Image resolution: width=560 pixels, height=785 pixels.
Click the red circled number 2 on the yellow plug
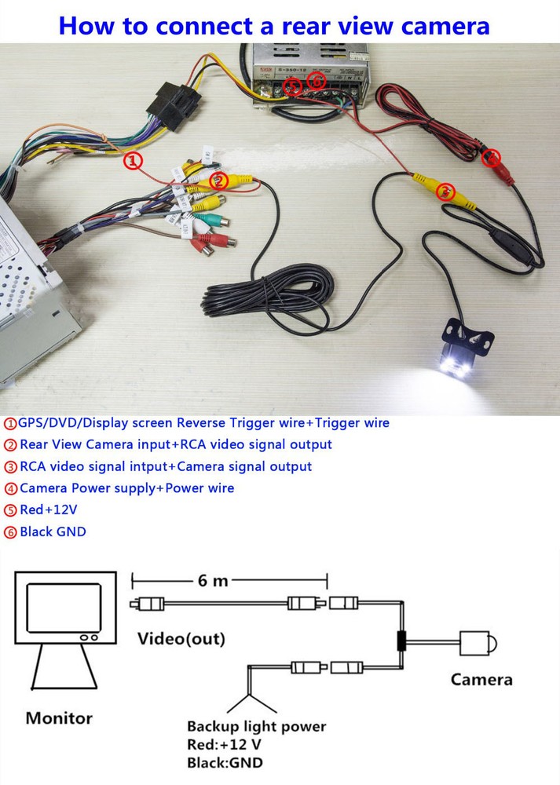tap(219, 181)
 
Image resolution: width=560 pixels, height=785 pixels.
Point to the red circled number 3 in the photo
tap(445, 191)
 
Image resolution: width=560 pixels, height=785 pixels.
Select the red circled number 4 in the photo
tap(492, 157)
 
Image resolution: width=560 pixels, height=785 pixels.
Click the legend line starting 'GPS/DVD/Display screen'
tap(196, 423)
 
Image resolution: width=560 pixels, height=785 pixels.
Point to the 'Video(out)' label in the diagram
tap(181, 638)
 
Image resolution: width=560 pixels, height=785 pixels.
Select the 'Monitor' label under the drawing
tap(59, 717)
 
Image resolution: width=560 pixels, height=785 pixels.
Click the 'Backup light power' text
tap(256, 726)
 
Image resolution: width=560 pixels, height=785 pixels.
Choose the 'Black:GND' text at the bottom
tap(225, 762)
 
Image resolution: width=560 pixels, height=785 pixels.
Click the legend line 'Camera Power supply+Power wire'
tap(126, 488)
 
